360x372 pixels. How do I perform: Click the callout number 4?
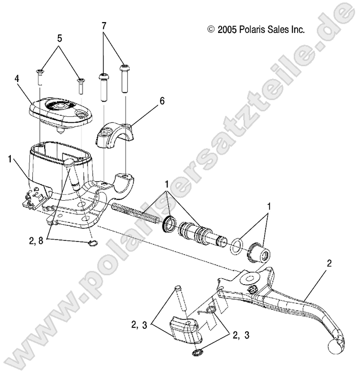(x=17, y=79)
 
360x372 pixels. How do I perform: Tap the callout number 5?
(x=59, y=38)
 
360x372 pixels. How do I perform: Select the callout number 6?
(x=162, y=101)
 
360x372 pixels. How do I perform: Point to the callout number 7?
(x=104, y=26)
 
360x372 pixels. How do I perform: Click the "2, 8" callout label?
(x=36, y=241)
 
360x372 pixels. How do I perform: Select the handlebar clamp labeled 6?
(x=115, y=135)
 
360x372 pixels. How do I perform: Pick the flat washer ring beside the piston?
(x=236, y=247)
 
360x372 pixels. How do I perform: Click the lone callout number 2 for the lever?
(x=329, y=264)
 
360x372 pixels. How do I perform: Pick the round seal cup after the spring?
(x=169, y=224)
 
